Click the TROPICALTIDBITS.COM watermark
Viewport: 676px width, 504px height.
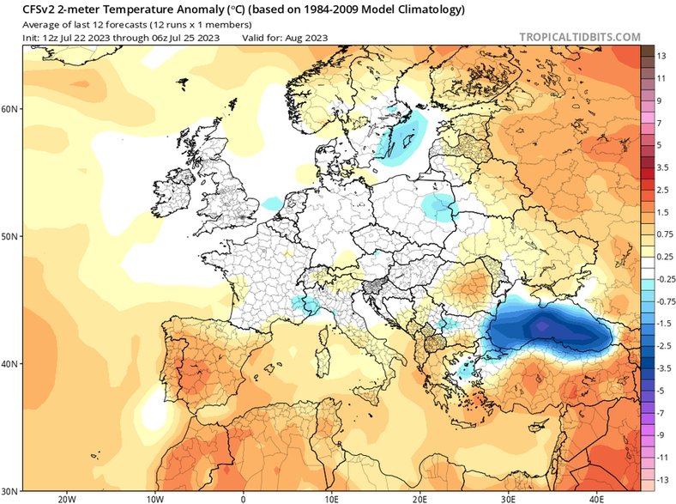tap(579, 37)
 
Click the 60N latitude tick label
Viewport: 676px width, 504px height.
tap(11, 110)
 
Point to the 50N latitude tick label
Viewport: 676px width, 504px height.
tap(11, 236)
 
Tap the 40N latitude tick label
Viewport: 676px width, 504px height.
tap(11, 364)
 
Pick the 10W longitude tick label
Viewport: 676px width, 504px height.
tap(155, 497)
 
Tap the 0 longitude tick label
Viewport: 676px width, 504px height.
tap(243, 497)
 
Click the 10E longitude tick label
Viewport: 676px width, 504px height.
tap(331, 497)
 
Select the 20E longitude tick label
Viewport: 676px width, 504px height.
tap(419, 497)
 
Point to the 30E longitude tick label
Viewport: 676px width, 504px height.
tap(509, 497)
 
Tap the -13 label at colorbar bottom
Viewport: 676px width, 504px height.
tap(662, 479)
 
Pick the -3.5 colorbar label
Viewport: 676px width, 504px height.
tap(662, 367)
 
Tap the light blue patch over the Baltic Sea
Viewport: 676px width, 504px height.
tap(403, 137)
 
